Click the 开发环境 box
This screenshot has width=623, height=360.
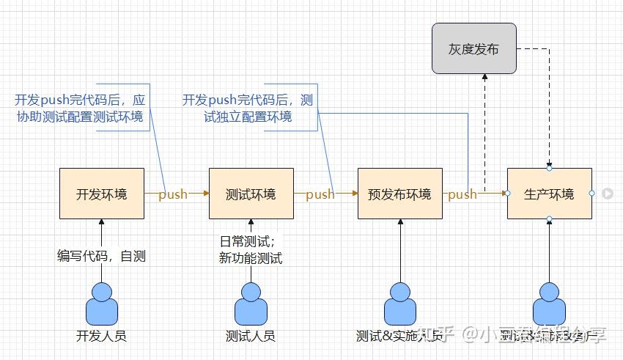click(x=101, y=194)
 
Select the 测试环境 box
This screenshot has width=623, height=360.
click(x=251, y=194)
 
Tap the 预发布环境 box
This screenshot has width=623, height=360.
click(x=400, y=194)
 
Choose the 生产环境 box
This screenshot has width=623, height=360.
click(x=549, y=194)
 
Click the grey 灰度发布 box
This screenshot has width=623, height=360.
click(x=473, y=49)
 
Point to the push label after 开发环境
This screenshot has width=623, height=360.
click(x=173, y=194)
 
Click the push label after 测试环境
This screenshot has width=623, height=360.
click(x=320, y=194)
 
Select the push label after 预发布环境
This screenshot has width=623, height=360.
click(x=462, y=194)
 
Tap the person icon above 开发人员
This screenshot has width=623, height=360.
click(x=101, y=304)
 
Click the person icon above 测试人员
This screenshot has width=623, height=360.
click(x=251, y=304)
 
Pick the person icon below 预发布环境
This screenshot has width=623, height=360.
click(x=400, y=304)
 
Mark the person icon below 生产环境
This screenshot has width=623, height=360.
click(x=549, y=304)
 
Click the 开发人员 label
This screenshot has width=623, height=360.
click(x=101, y=336)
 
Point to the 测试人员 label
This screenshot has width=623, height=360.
click(x=251, y=336)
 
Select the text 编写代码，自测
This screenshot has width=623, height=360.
click(x=102, y=255)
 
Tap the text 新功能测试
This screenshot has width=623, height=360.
click(x=251, y=257)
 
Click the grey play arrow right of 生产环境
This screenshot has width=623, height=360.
click(x=608, y=194)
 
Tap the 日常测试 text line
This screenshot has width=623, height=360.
click(x=248, y=241)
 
